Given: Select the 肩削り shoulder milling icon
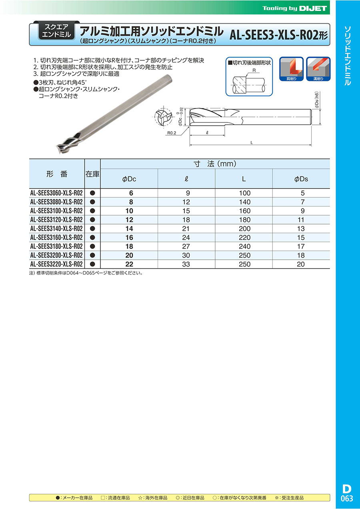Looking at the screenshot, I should (292, 69).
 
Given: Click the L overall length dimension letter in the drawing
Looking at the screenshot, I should (251, 142).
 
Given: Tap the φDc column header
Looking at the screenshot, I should (129, 179).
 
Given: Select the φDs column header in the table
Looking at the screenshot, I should (301, 179).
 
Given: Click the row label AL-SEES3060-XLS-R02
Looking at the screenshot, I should (56, 193).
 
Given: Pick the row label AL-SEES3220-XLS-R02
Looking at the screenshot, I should (56, 264).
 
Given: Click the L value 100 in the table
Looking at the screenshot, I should (244, 193).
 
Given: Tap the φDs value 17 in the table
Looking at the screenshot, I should (301, 246).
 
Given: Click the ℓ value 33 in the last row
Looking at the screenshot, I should (187, 264).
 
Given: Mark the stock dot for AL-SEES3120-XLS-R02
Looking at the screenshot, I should (92, 220).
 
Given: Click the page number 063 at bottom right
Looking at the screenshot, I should (347, 498).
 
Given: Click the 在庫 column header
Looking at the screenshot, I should (92, 174).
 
